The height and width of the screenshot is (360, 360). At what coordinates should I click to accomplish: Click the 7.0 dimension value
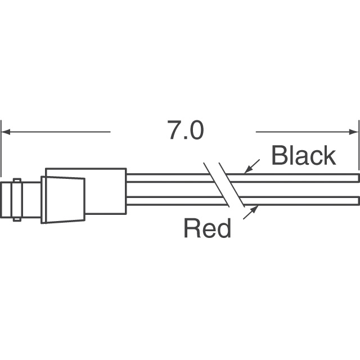(184, 131)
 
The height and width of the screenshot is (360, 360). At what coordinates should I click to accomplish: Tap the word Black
(303, 156)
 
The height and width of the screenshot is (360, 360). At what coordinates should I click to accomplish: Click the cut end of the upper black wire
(358, 178)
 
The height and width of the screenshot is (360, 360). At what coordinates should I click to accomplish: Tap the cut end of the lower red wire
(358, 200)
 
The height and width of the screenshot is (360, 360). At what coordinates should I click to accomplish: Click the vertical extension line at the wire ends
(359, 146)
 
